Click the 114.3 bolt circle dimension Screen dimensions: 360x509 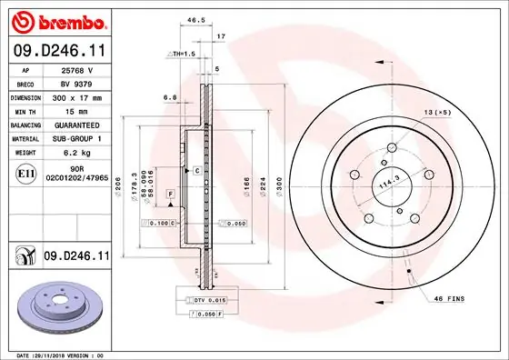[x=388, y=183]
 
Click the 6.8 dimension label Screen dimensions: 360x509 [x=170, y=97]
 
